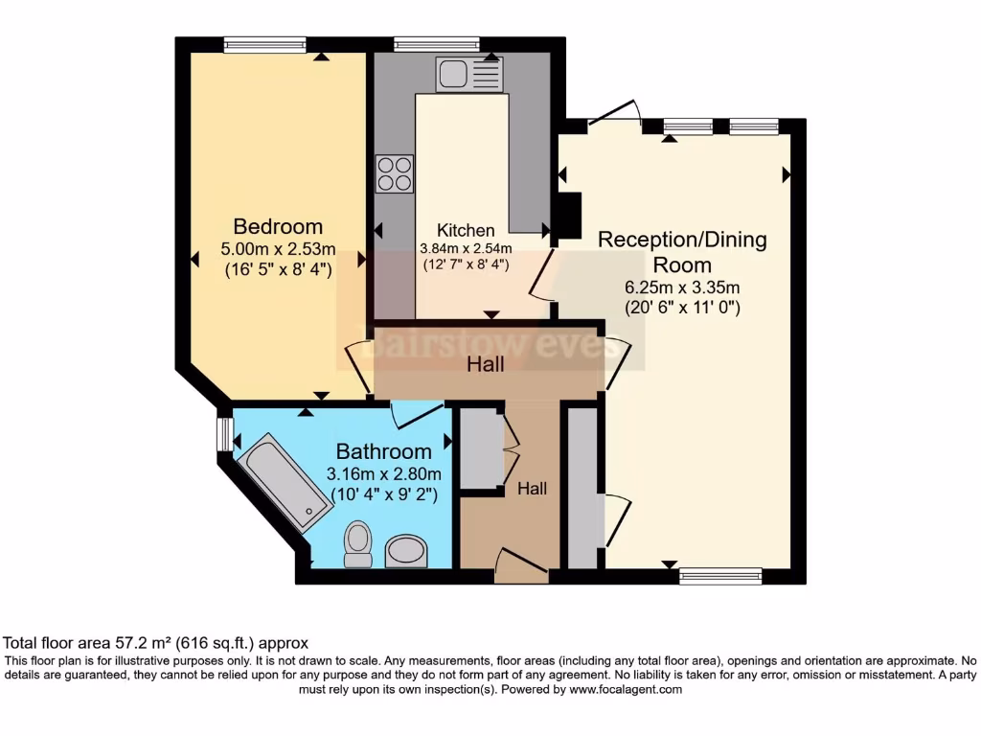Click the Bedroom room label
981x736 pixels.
[x=278, y=227]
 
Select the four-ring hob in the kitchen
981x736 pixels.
[x=395, y=173]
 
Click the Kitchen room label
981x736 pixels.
[x=466, y=230]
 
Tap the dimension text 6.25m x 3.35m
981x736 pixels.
[x=682, y=287]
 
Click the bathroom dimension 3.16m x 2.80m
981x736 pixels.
[x=383, y=474]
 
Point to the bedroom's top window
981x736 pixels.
[x=264, y=43]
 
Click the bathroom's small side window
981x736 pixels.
[x=224, y=432]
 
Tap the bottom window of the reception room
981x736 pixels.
[x=720, y=576]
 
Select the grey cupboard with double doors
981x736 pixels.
[x=479, y=448]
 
